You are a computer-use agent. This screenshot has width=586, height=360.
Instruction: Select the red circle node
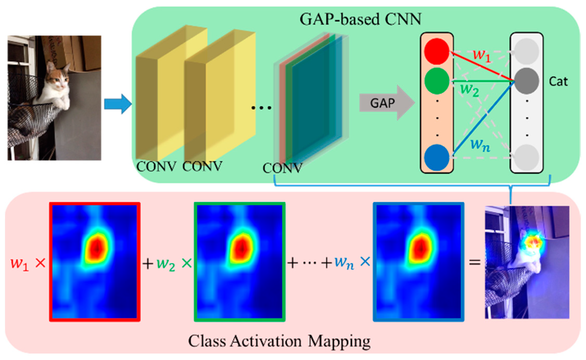coord(437,51)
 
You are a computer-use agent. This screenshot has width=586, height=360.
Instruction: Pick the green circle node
coord(437,81)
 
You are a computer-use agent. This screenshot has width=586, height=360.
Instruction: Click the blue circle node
coord(437,157)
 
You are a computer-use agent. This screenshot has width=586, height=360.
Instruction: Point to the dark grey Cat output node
coord(526,81)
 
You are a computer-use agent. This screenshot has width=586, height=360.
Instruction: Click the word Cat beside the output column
coord(558,82)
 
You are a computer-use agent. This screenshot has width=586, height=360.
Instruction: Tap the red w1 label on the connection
coord(481,55)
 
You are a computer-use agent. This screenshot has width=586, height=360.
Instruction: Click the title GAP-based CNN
coord(360,19)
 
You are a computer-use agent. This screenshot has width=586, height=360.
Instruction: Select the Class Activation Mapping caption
coord(279,341)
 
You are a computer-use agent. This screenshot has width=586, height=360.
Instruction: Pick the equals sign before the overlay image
coord(474,263)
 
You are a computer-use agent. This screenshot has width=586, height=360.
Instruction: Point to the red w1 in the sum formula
coord(20,264)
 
